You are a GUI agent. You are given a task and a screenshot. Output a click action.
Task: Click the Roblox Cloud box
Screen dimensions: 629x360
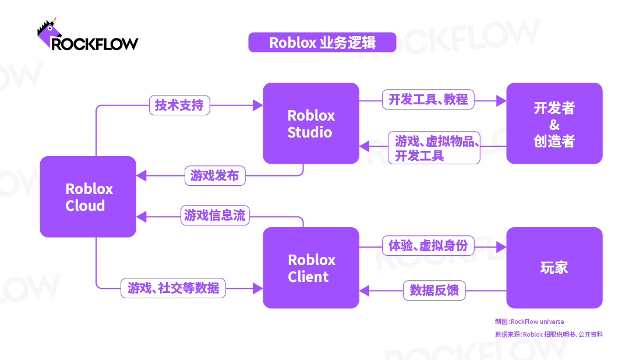88,197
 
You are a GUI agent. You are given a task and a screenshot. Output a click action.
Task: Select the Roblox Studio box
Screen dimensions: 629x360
311,123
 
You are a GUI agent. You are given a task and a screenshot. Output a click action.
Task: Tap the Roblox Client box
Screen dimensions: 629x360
311,268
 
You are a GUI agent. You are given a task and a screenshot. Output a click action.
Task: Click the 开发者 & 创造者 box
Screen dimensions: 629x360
554,123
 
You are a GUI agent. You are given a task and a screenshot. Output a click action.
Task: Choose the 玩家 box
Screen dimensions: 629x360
554,268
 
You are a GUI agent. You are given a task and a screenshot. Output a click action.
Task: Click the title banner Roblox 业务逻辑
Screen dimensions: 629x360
322,42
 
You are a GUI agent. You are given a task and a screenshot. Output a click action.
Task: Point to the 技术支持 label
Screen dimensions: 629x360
179,105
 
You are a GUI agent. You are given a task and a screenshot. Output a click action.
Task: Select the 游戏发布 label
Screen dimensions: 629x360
215,175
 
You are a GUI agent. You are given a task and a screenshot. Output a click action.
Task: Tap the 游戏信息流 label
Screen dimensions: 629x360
215,215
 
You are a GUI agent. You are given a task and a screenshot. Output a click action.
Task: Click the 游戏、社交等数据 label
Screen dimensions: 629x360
174,288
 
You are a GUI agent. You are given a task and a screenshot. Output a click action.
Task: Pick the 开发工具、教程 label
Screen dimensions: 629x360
429,99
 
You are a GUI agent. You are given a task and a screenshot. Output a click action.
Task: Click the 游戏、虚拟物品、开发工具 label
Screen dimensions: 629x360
434,148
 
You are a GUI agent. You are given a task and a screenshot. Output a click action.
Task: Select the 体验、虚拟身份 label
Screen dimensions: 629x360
429,245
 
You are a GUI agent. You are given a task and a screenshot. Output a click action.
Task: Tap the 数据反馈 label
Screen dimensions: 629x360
434,290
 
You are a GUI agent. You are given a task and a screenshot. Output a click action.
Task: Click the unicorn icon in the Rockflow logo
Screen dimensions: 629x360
49,33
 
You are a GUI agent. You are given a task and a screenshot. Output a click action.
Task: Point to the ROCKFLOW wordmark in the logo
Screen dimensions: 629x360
95,43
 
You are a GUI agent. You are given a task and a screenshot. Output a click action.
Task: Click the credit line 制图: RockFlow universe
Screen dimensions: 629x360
529,322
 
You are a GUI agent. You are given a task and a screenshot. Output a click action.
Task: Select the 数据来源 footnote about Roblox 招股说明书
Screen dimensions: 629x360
549,334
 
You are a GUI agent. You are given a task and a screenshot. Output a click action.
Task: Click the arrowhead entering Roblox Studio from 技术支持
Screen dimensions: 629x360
258,105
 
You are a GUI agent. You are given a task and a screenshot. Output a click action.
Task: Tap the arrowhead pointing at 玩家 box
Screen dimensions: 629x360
501,247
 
